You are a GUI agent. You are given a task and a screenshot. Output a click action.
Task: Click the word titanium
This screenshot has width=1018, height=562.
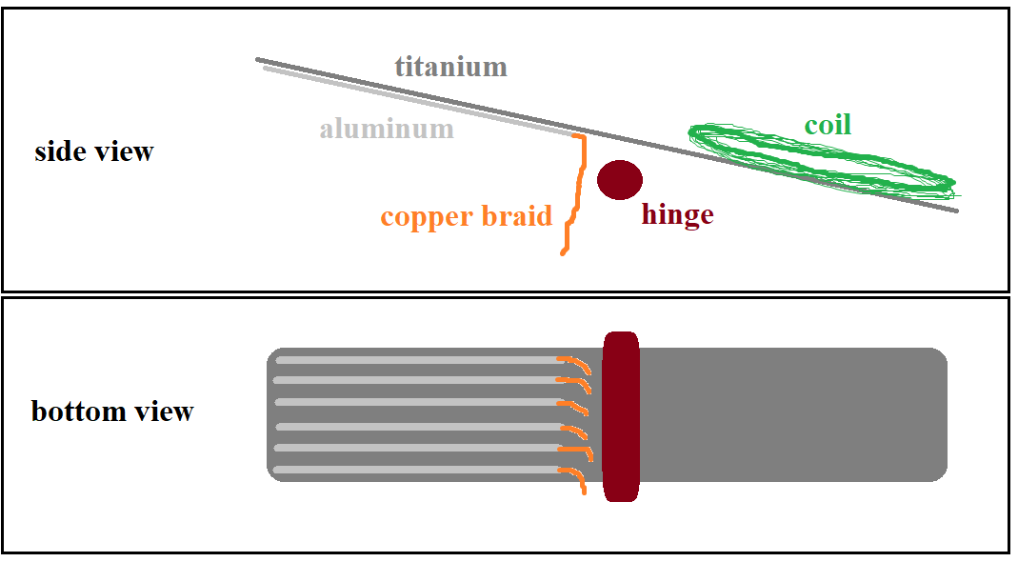click(450, 67)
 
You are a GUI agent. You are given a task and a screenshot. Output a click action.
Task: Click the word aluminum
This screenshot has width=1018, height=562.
click(386, 129)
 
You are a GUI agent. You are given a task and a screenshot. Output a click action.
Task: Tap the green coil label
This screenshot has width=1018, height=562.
click(827, 125)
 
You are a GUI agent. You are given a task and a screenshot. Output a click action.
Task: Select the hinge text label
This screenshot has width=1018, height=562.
click(677, 215)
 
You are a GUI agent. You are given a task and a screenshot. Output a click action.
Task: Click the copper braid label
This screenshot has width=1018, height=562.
click(466, 216)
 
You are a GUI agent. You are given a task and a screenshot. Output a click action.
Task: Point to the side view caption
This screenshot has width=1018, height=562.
click(93, 151)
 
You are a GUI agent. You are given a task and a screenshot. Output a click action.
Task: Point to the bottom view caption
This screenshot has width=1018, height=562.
click(112, 411)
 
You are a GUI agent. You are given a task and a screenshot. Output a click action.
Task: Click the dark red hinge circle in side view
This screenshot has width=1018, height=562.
click(619, 179)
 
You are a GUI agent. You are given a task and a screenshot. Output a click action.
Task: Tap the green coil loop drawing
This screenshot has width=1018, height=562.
click(819, 157)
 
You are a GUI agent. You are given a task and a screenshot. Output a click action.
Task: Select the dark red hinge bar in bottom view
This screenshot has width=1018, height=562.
click(620, 416)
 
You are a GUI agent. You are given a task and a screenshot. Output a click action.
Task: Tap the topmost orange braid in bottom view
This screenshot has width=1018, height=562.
click(574, 363)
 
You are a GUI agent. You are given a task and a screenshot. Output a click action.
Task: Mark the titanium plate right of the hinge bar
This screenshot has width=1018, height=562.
click(790, 414)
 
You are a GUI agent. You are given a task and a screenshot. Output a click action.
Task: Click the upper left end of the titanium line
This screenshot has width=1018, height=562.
click(259, 60)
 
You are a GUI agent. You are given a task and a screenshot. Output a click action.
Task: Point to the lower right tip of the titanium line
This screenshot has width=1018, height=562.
click(954, 211)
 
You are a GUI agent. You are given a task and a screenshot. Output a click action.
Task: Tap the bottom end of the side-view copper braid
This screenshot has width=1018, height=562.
click(564, 252)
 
